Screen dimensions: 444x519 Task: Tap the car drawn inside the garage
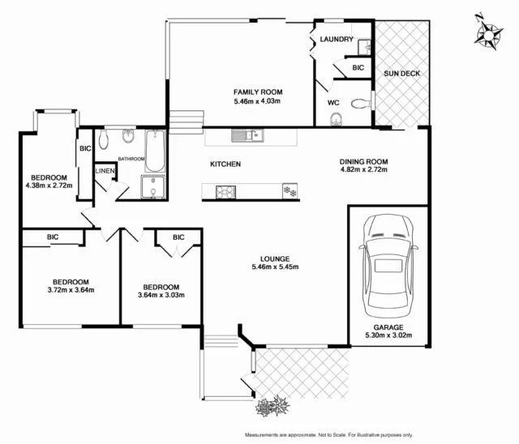coord(390,267)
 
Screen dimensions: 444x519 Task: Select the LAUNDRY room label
coord(336,40)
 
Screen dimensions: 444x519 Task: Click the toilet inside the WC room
coord(336,118)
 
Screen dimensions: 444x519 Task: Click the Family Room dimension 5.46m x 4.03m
coord(256,102)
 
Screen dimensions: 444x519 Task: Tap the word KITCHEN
coord(225,164)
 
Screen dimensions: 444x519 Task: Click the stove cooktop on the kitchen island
coord(225,192)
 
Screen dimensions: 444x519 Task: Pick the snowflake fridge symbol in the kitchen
coord(286,191)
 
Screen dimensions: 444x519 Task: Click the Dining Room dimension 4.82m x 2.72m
coord(363,170)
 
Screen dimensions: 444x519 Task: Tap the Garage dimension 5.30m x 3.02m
coord(388,337)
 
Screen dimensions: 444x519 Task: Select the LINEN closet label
coord(105,171)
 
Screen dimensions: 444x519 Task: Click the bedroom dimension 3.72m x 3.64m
coord(70,289)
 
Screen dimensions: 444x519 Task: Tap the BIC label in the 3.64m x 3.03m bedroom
coord(178,237)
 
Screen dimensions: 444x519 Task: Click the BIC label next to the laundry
coord(358,69)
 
